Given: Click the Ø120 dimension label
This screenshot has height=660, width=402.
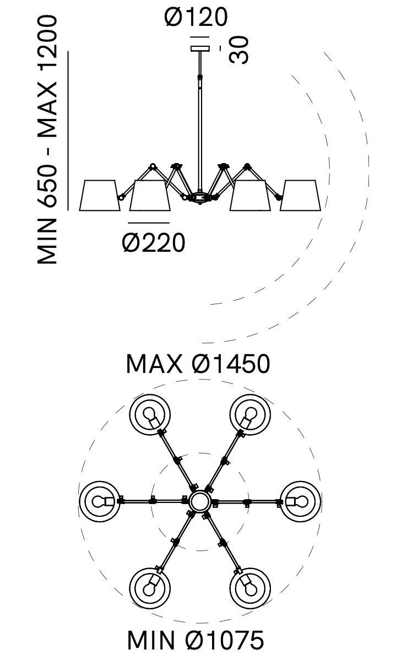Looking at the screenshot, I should (x=195, y=18).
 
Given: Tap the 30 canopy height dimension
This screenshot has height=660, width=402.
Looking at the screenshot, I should (x=238, y=50).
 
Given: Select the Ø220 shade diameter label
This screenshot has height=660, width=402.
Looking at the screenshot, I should (x=154, y=242).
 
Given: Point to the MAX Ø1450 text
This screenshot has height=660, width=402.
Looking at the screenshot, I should (x=198, y=364).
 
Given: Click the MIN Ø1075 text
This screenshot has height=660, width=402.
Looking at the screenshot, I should (x=195, y=641).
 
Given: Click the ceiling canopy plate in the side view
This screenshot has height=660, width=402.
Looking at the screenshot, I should (x=200, y=49).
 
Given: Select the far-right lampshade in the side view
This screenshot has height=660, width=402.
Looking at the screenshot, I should (x=300, y=195).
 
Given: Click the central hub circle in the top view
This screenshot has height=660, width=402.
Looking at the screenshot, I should (x=199, y=501).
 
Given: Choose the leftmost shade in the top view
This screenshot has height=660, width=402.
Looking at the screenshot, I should (x=100, y=501).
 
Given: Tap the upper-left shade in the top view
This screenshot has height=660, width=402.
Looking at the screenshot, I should (x=150, y=415).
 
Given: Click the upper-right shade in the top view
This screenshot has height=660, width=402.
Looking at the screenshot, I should (x=250, y=415).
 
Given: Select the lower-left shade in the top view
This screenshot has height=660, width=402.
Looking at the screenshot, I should (x=150, y=587).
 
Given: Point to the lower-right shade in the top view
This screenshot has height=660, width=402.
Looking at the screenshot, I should (x=250, y=587).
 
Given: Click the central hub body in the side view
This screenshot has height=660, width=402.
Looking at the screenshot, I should (x=199, y=197).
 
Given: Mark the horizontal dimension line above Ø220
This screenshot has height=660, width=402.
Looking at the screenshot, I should (x=149, y=223).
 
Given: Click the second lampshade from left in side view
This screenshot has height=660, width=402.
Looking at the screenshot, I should (x=149, y=196).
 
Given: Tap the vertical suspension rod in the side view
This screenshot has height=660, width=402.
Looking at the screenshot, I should (x=199, y=121).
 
